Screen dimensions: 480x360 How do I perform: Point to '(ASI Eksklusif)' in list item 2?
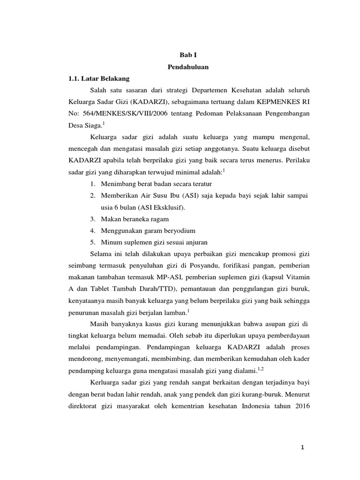[x=162, y=207]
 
